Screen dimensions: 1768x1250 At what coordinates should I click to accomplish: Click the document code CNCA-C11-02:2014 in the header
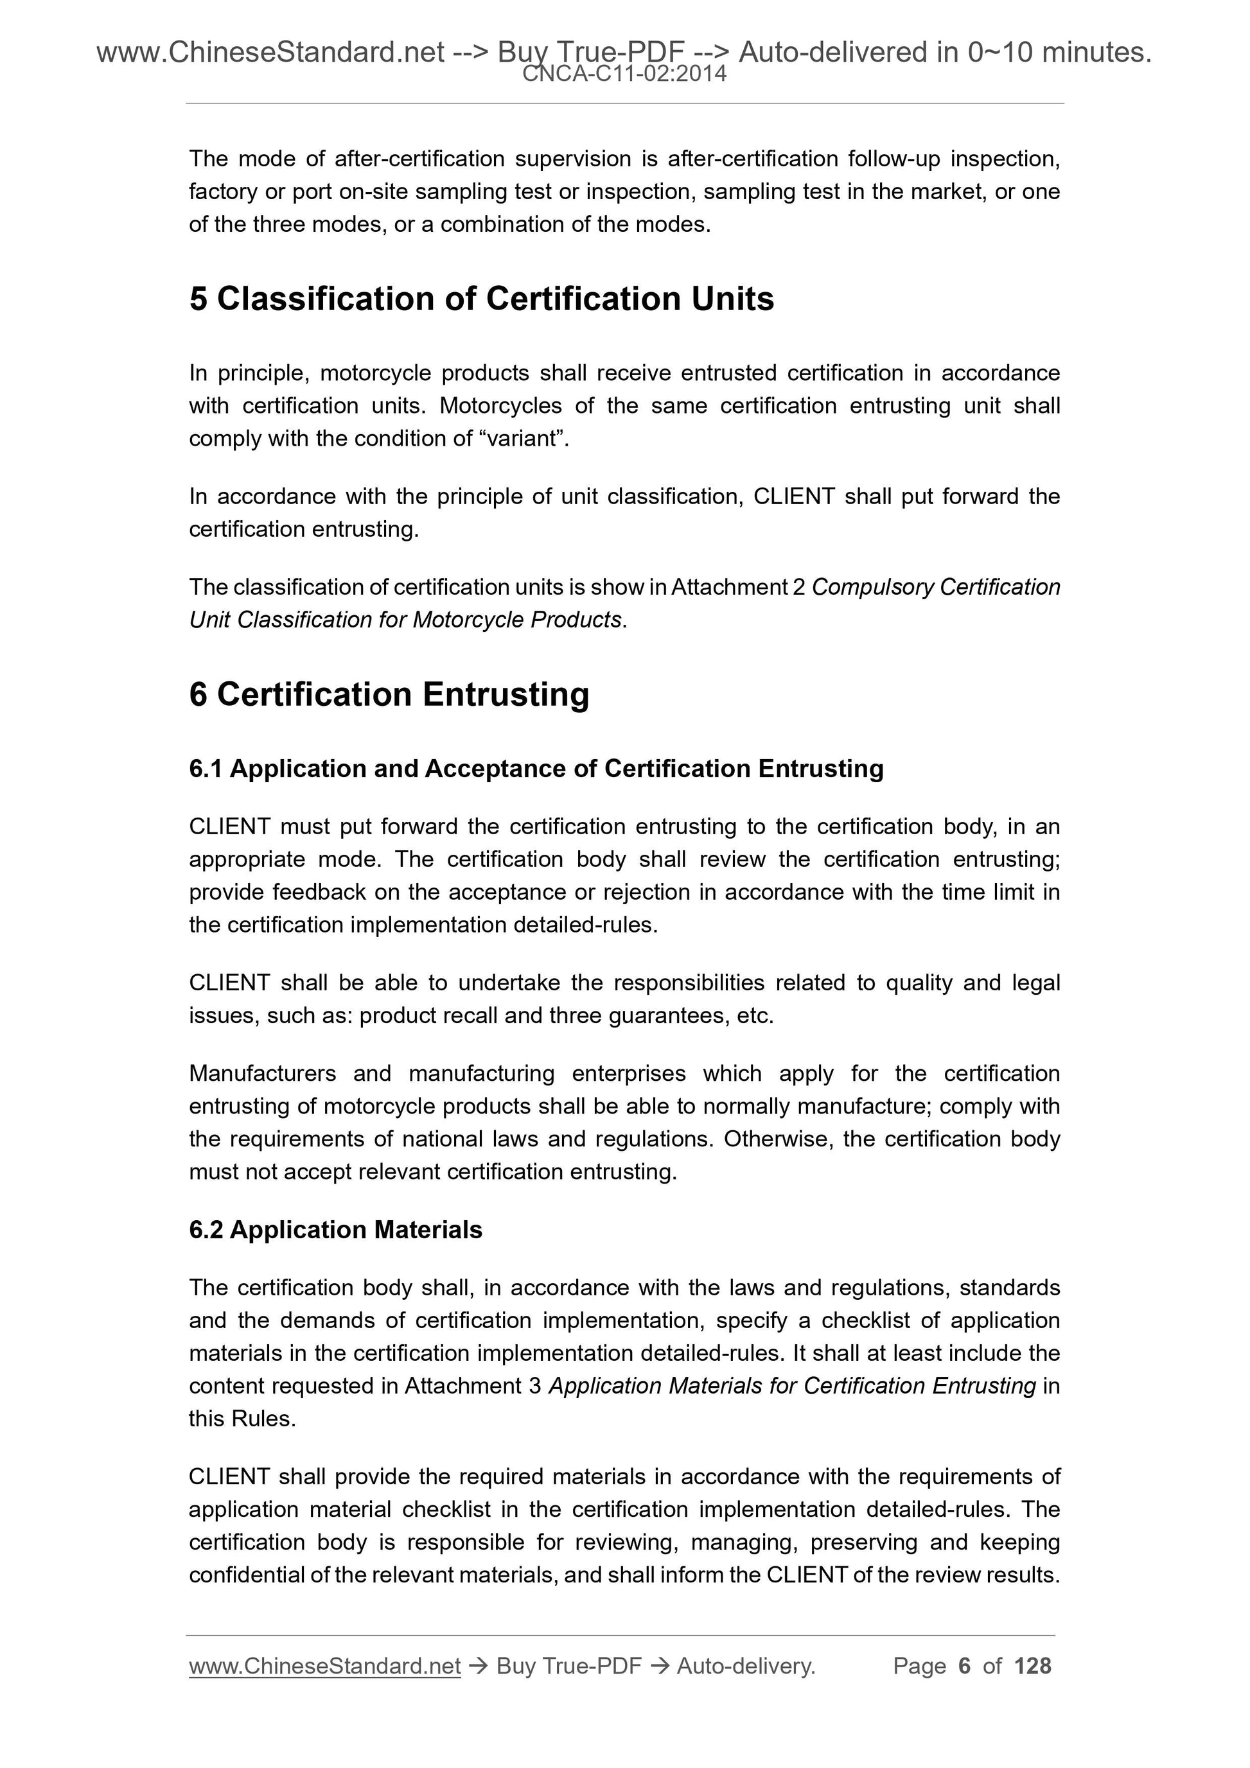coord(624,74)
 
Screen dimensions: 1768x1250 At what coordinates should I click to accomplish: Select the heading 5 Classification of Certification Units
coord(481,299)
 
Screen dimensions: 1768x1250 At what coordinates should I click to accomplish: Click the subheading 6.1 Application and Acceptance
coord(536,769)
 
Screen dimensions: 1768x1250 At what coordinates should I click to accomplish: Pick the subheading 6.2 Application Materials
coord(335,1230)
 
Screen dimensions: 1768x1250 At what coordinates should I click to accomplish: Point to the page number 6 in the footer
coord(964,1666)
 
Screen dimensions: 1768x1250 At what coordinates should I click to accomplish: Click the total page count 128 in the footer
coord(1032,1666)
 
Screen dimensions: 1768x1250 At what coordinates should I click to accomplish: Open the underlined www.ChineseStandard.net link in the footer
coord(324,1666)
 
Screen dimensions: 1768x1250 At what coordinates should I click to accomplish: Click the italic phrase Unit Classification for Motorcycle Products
coord(405,620)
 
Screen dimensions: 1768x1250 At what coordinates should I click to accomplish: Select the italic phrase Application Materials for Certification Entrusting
coord(792,1386)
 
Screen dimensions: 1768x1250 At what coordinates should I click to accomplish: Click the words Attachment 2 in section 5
coord(738,587)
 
